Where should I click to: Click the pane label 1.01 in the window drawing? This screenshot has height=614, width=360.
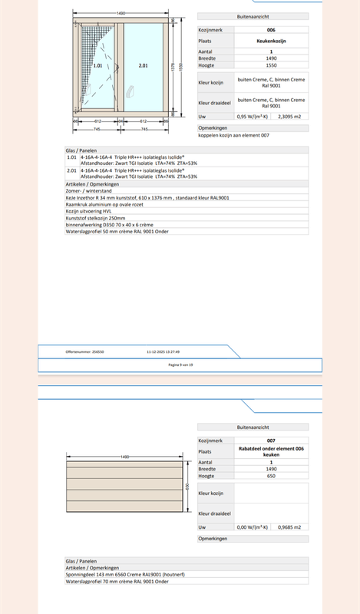tap(97, 67)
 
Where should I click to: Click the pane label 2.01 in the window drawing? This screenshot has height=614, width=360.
tap(144, 67)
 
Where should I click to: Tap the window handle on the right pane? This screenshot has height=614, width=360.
tap(129, 97)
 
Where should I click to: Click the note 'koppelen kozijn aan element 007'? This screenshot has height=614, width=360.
tap(234, 134)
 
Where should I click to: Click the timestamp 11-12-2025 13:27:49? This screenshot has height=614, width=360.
tap(163, 352)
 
